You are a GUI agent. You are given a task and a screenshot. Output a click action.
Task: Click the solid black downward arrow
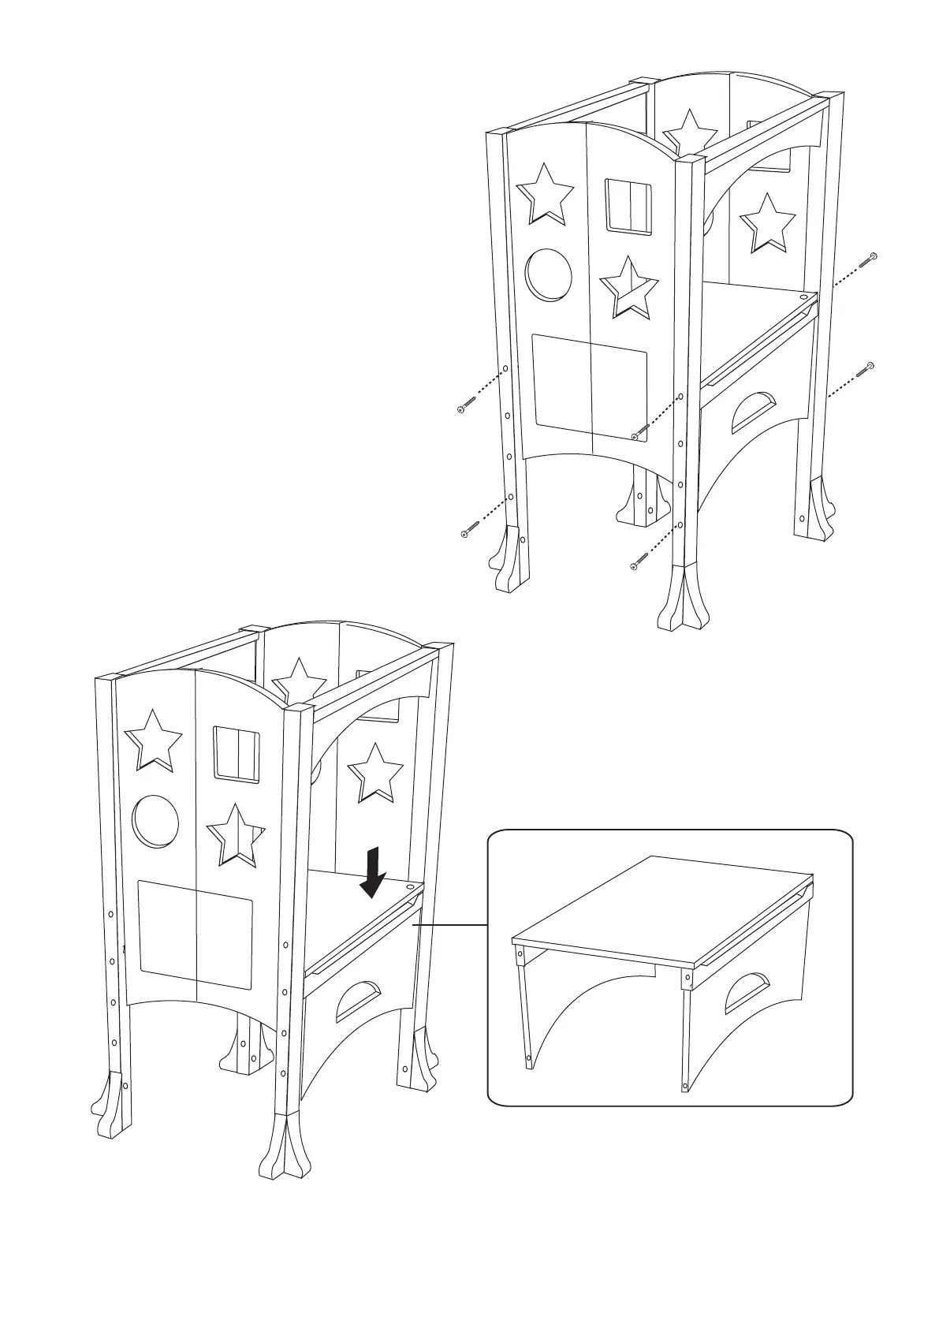(371, 873)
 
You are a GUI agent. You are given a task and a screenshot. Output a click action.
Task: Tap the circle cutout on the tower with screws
(548, 274)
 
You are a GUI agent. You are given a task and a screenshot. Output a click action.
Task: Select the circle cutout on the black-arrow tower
(155, 821)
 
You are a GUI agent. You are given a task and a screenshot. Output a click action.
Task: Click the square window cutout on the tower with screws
(629, 207)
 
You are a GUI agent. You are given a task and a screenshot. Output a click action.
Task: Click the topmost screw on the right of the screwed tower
(871, 256)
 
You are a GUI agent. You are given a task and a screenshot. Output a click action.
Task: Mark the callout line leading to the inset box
(449, 923)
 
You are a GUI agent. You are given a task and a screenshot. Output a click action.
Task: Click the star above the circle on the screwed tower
(544, 193)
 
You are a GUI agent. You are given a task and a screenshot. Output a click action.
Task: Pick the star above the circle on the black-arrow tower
(153, 740)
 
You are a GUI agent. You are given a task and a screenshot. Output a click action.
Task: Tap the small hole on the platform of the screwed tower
(803, 298)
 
